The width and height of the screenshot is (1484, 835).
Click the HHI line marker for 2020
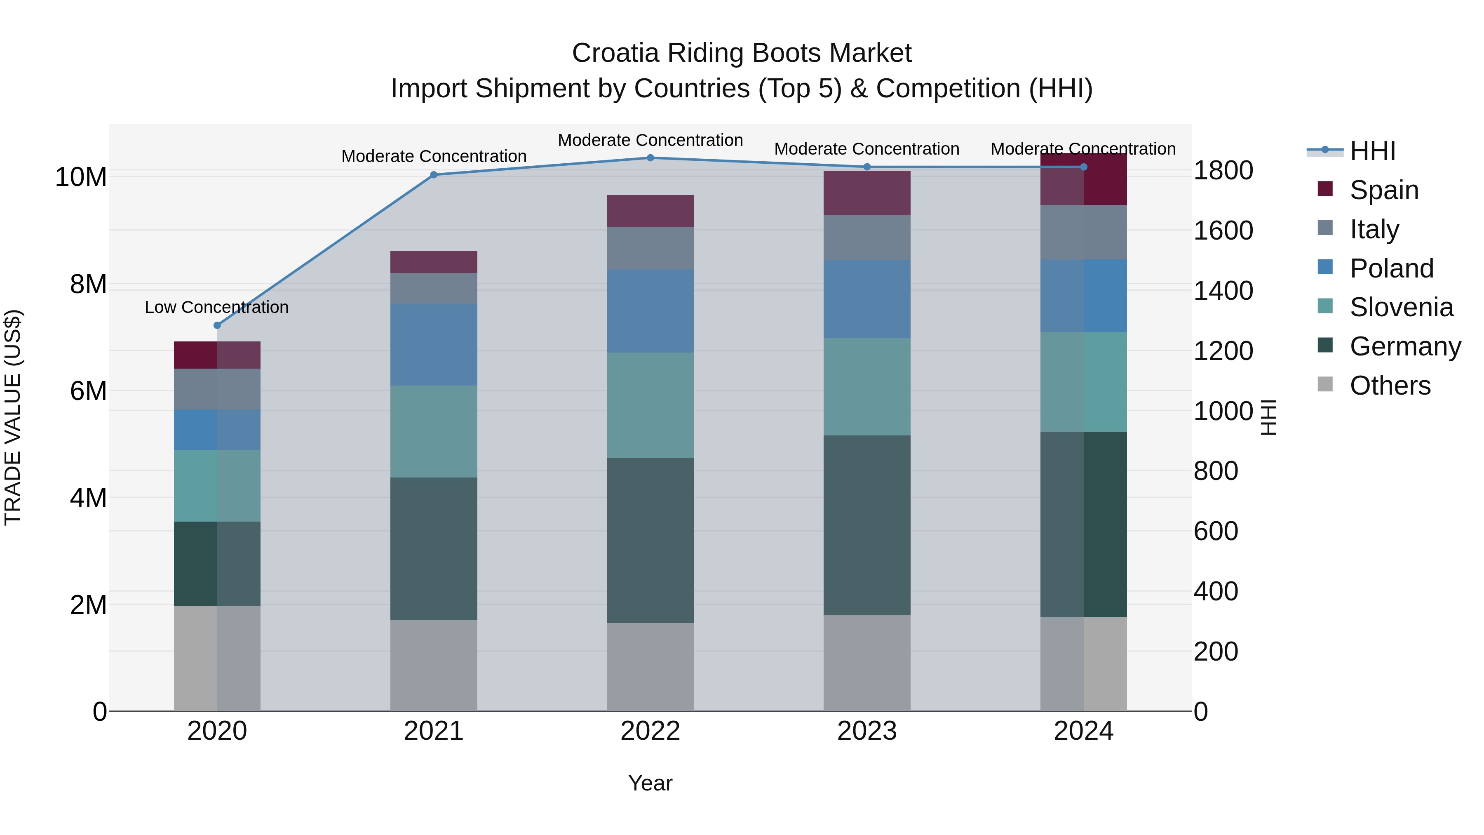click(217, 326)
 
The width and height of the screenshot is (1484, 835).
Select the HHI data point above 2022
click(650, 158)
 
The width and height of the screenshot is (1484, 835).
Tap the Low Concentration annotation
click(216, 307)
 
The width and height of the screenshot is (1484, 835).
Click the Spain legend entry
click(1384, 190)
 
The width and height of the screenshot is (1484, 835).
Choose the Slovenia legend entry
click(1401, 307)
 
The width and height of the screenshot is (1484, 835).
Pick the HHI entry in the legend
click(1372, 151)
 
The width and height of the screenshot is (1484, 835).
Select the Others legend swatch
click(1325, 384)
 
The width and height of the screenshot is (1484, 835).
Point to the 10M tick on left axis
click(81, 177)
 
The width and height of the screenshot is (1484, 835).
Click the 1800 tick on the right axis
click(1223, 171)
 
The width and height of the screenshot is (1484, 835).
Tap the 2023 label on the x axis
click(867, 731)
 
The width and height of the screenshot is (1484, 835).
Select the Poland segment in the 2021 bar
click(434, 345)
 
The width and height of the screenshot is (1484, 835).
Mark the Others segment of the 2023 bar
click(867, 663)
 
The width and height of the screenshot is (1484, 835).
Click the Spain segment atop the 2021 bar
click(434, 261)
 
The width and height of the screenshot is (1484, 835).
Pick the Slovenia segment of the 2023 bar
click(867, 387)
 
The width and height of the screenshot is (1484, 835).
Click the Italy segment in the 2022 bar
click(650, 248)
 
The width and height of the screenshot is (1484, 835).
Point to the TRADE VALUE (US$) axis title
click(13, 417)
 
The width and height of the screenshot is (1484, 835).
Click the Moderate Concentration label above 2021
click(434, 156)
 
